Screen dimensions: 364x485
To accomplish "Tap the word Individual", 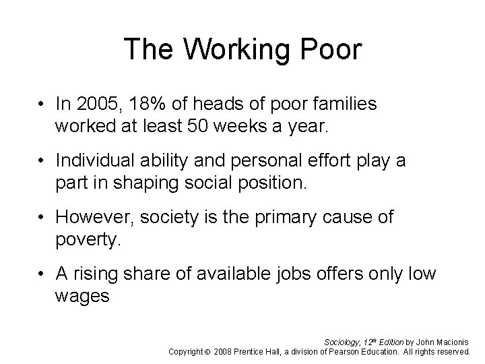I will (x=96, y=161).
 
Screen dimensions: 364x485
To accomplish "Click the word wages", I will (x=82, y=296).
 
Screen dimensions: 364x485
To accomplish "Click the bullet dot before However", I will (x=43, y=218).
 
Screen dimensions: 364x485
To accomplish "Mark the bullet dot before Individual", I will (x=43, y=162).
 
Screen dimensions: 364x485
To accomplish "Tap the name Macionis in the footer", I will (x=454, y=342).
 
